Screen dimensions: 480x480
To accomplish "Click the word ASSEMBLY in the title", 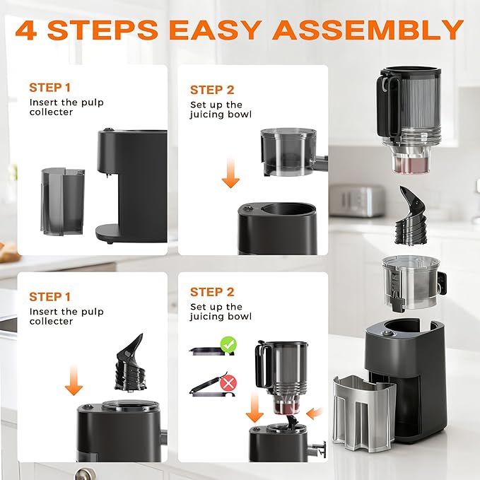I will (368, 30).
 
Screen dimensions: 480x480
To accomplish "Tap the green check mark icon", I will (228, 346).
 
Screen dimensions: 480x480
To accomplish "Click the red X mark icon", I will (228, 383).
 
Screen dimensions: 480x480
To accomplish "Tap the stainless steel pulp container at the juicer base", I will (364, 410).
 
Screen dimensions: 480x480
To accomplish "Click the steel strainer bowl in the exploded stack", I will (410, 283).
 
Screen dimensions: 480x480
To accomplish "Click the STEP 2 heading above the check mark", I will (211, 292).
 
